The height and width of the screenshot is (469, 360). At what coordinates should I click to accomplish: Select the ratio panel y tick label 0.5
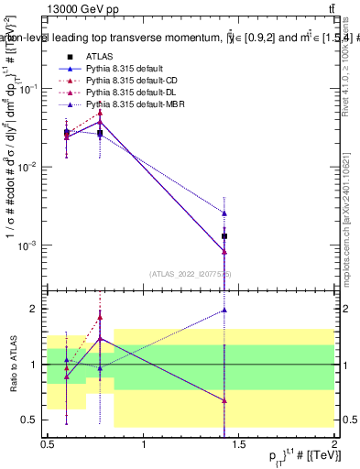pyautogui.click(x=33, y=420)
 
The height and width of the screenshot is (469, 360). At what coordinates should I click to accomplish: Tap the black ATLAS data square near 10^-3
pyautogui.click(x=224, y=236)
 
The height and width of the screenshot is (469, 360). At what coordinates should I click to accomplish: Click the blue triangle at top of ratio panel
pyautogui.click(x=224, y=310)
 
